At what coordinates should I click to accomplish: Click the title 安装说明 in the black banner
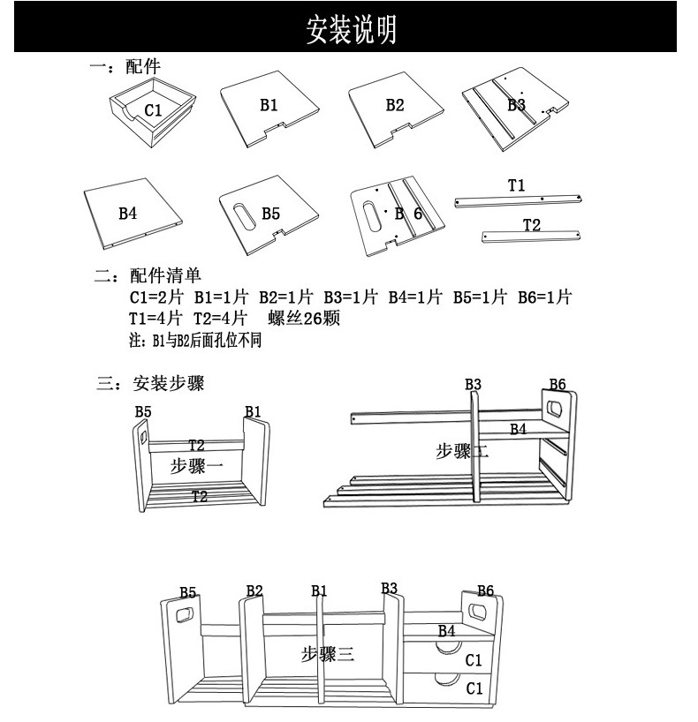[x=351, y=29]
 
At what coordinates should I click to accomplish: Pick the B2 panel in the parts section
[x=394, y=109]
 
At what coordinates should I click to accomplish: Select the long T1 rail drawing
[x=518, y=200]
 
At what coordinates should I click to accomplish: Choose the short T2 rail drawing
[x=531, y=235]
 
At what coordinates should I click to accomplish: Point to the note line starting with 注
[x=195, y=340]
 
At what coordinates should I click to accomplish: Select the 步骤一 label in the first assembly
[x=196, y=466]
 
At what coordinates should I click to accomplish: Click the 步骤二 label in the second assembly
[x=461, y=452]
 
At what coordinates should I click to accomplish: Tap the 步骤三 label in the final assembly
[x=326, y=654]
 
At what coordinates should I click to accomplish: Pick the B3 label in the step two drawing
[x=473, y=384]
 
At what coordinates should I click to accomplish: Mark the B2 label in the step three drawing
[x=254, y=590]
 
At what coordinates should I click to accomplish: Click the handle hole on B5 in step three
[x=186, y=614]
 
